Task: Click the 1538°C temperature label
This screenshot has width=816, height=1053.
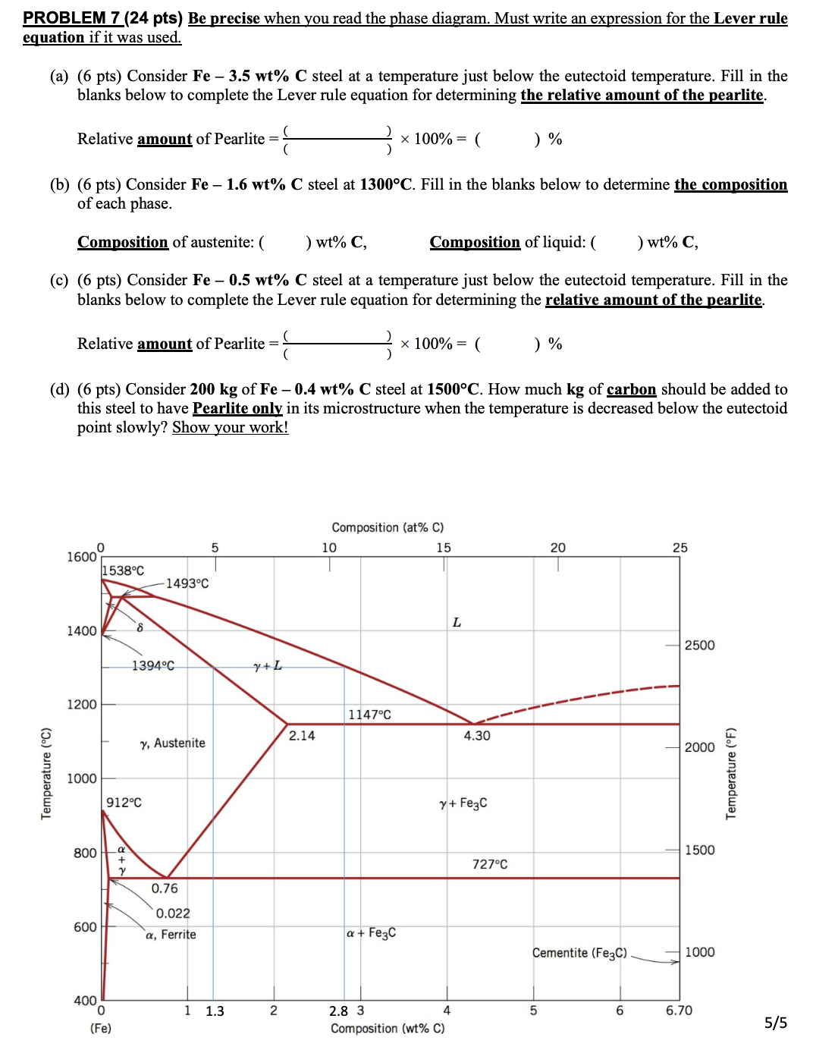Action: pos(123,571)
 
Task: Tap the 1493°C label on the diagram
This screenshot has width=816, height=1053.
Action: pos(187,583)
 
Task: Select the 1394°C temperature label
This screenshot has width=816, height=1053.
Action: pos(152,665)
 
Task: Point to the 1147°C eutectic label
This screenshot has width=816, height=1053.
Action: pos(369,715)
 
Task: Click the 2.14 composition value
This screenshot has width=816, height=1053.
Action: pos(302,735)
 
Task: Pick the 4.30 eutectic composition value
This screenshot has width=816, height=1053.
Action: pos(477,735)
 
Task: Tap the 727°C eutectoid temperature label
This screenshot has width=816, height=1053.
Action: pos(490,864)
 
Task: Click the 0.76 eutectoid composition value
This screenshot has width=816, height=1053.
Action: pos(165,888)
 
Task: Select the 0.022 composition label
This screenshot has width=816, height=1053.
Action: pos(173,913)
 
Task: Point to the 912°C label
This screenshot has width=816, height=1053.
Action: pos(124,803)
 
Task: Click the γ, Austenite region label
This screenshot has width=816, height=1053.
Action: pos(173,743)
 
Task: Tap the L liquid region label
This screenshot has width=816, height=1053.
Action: pos(457,623)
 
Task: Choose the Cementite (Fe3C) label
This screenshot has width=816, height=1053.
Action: pos(579,953)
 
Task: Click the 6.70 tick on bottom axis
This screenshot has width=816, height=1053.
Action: pos(679,1011)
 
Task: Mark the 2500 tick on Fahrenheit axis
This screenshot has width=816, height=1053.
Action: pos(699,645)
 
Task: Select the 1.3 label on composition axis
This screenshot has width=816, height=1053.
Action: pos(215,1011)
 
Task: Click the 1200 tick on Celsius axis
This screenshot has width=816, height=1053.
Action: pos(82,705)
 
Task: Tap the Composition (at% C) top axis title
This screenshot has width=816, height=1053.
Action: pos(388,527)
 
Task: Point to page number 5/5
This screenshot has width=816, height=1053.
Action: pos(775,1023)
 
